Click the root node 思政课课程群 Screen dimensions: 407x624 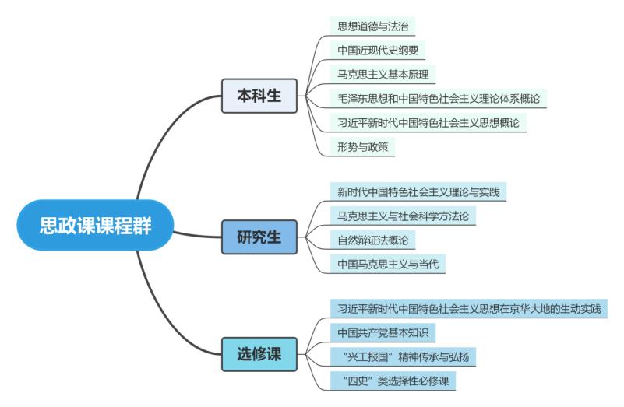pos(96,226)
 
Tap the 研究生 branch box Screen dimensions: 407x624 pos(259,237)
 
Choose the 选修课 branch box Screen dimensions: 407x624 pos(259,353)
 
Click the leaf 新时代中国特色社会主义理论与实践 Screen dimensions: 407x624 pos(418,190)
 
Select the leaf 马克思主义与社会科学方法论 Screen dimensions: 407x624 pos(402,215)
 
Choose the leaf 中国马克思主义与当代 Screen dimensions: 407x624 pos(387,264)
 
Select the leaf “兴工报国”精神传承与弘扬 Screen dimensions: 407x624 pos(402,356)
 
